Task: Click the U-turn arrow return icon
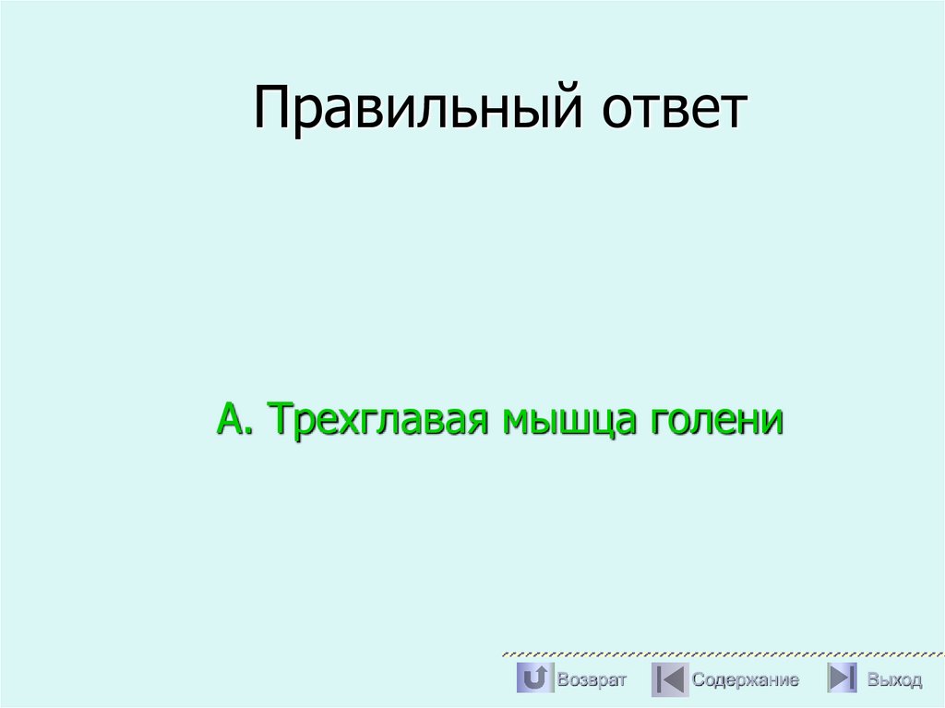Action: (x=533, y=679)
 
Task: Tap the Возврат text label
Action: (x=592, y=680)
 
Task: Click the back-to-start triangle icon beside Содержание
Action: (x=669, y=679)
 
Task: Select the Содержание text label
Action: (x=746, y=680)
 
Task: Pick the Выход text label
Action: (x=894, y=680)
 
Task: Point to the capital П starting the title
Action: (x=270, y=108)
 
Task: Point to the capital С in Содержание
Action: (x=699, y=680)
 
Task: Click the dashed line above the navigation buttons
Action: (x=720, y=654)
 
